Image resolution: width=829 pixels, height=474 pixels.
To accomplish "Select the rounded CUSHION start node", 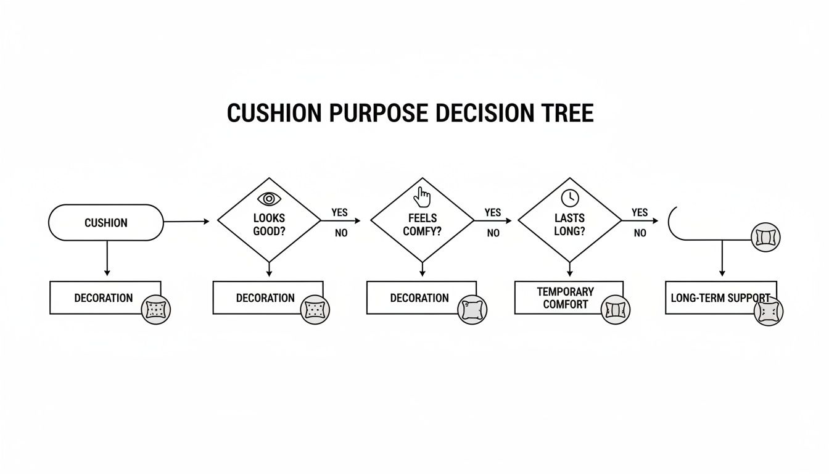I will click(105, 223).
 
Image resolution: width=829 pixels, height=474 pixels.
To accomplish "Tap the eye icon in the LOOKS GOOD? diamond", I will click(268, 199).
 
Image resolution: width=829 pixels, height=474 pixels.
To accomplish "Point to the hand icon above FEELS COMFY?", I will click(423, 197).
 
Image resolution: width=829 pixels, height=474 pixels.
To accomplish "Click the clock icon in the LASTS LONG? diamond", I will click(569, 197).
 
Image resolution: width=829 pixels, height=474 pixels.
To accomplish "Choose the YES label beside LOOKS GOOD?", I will click(339, 212).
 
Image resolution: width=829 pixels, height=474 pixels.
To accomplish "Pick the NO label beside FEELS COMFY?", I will click(493, 233).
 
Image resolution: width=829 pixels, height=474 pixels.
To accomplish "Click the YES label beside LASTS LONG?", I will click(640, 212).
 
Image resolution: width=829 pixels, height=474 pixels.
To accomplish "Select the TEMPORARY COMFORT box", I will click(565, 297).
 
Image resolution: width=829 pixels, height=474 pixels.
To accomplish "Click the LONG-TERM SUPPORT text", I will click(720, 297).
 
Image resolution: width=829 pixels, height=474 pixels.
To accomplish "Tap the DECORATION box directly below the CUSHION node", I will click(104, 297).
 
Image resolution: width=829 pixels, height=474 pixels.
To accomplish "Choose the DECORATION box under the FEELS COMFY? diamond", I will click(419, 297).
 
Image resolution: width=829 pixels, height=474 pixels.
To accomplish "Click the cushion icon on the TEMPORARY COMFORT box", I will click(615, 310).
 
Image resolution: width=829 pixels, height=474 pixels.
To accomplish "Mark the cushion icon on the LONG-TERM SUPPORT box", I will click(769, 311).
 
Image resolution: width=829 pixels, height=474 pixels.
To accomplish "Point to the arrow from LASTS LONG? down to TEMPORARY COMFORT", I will click(569, 269).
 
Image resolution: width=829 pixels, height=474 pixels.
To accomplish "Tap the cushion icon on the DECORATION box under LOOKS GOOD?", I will click(315, 310).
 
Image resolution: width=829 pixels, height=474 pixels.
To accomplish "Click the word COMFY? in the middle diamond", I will click(423, 231).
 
